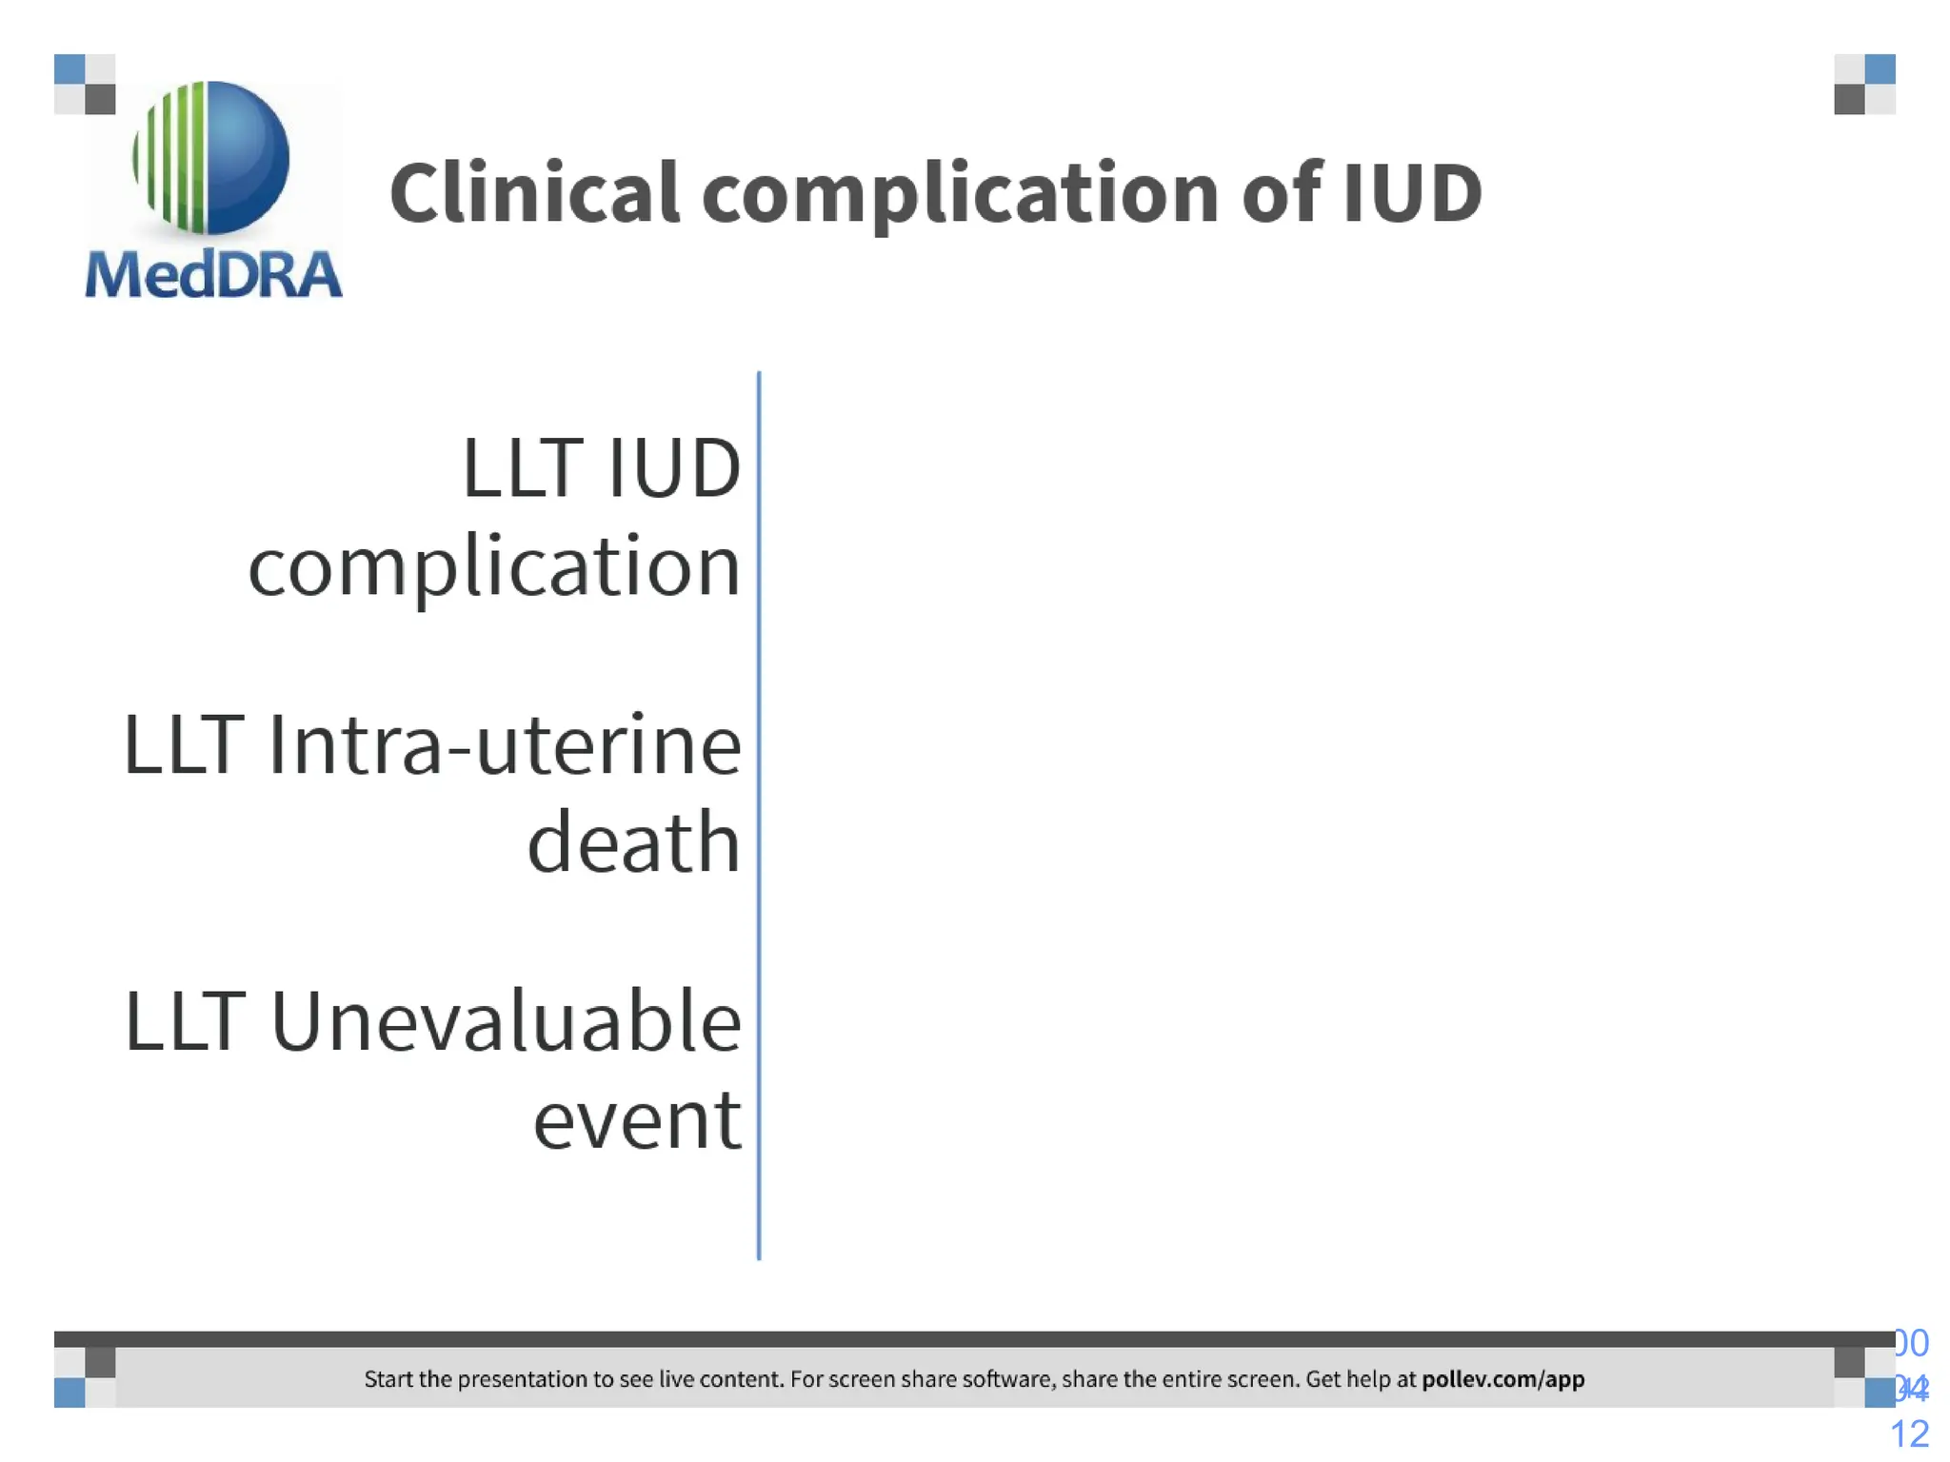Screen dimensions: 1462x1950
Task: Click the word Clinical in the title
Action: pos(533,193)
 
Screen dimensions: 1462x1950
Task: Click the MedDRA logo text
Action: pos(213,275)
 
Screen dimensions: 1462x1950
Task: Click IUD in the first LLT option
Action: pos(674,468)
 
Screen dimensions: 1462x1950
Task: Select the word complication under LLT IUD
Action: pos(494,567)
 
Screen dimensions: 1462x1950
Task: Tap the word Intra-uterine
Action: pos(504,745)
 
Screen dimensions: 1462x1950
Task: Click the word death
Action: pos(633,843)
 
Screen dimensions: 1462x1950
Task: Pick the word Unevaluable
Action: pos(506,1022)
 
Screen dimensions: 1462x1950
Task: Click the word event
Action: pos(636,1121)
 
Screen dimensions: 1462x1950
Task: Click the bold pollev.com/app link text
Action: pos(1502,1379)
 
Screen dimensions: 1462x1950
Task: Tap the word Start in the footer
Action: pos(388,1379)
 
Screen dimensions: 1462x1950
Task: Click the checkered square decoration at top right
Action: pos(1864,85)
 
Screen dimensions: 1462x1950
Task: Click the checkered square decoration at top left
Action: pos(85,85)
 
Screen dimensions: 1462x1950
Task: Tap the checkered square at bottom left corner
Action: pos(85,1377)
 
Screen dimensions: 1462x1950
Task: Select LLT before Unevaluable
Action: pos(185,1022)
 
